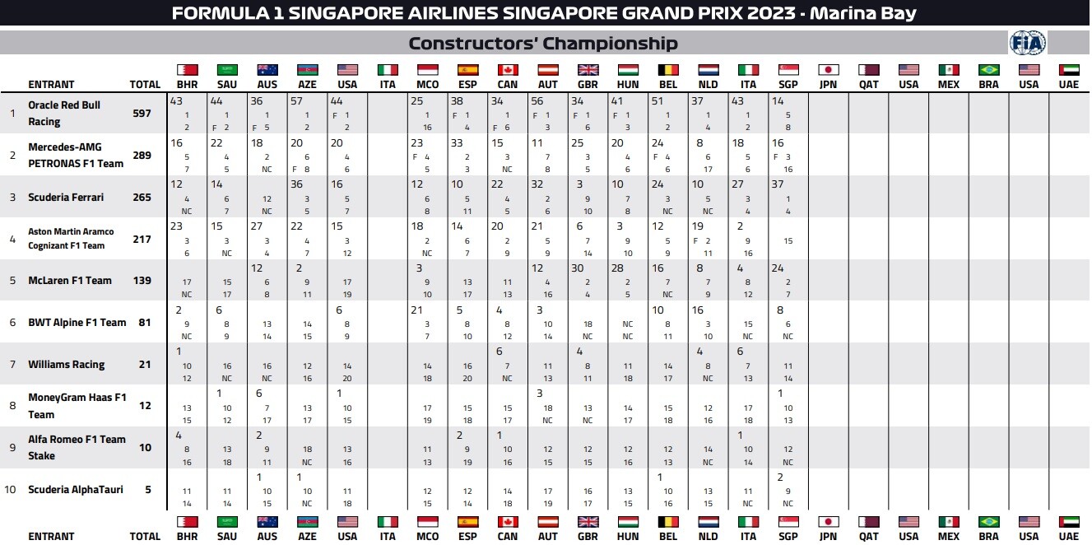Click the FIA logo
[x=1027, y=43]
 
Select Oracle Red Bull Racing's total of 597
[x=142, y=113]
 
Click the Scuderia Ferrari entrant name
[x=66, y=197]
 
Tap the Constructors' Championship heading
[x=543, y=43]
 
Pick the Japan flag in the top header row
[x=829, y=70]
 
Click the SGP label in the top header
[x=788, y=85]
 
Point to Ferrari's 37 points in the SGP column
[x=778, y=184]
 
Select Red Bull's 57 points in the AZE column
[x=296, y=101]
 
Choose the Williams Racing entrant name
[x=67, y=365]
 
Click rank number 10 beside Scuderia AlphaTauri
[x=10, y=489]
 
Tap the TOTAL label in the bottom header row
[x=145, y=536]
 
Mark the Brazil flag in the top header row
[x=988, y=70]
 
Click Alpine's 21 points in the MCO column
[x=416, y=310]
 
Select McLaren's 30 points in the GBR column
[x=577, y=268]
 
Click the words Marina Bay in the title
[x=863, y=12]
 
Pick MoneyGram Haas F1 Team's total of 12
[x=145, y=405]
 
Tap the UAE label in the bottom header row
[x=1069, y=536]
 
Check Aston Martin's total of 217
[x=142, y=239]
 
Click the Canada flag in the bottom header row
[x=508, y=522]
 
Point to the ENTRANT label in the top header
[x=51, y=85]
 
